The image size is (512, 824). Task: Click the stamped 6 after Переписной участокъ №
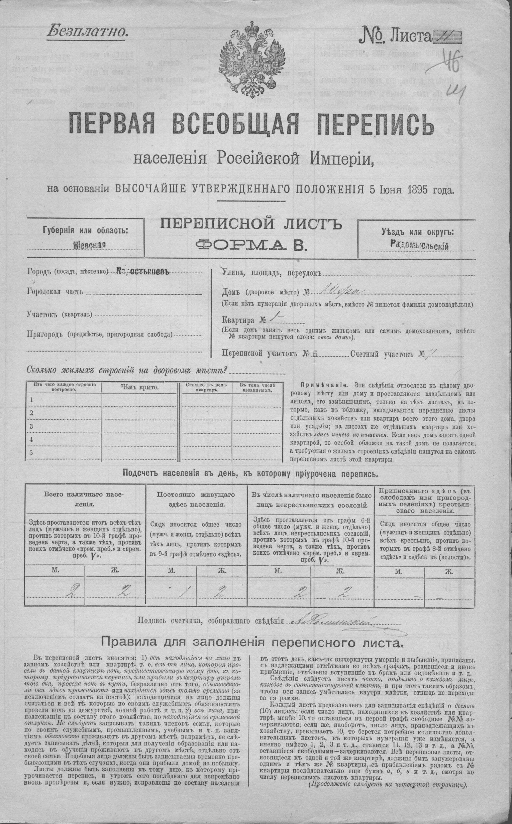[x=315, y=354]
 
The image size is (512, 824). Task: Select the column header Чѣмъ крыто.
[x=139, y=387]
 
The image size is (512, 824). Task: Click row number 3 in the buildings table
[x=31, y=426]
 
